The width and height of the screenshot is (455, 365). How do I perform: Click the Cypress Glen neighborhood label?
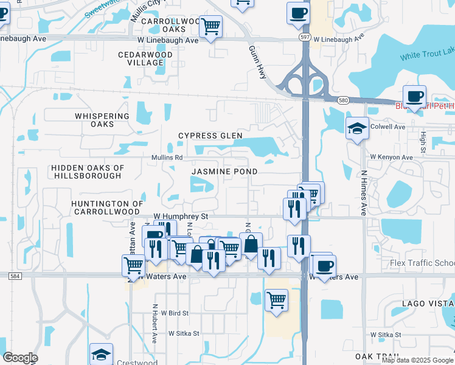pyautogui.click(x=210, y=136)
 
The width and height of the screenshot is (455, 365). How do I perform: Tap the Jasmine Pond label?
pyautogui.click(x=224, y=172)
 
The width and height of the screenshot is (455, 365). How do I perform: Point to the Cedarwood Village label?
pyautogui.click(x=145, y=58)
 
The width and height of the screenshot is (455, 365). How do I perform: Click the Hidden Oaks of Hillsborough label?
pyautogui.click(x=88, y=172)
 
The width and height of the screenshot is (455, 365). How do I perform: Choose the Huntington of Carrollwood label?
pyautogui.click(x=107, y=207)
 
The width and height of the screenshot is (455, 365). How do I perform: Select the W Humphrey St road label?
pyautogui.click(x=181, y=216)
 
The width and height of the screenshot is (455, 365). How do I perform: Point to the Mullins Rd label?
pyautogui.click(x=167, y=158)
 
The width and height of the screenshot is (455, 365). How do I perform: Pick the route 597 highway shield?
pyautogui.click(x=305, y=38)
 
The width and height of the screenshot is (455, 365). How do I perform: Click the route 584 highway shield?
pyautogui.click(x=16, y=276)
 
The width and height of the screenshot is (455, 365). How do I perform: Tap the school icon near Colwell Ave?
pyautogui.click(x=357, y=128)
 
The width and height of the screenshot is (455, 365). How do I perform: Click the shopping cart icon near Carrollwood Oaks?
pyautogui.click(x=210, y=26)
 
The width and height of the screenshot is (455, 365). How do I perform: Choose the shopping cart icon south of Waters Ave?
pyautogui.click(x=276, y=299)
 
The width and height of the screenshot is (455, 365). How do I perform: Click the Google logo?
pyautogui.click(x=20, y=358)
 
